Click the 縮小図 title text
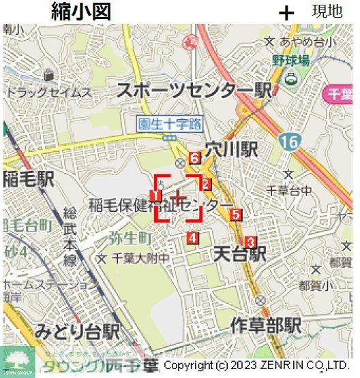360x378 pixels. coord(80,12)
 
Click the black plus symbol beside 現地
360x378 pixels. coord(287,12)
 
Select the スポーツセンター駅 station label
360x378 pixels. coord(194,91)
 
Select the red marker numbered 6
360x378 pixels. coord(194,159)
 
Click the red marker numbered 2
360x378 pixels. coord(207,184)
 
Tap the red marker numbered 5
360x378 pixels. coord(236,215)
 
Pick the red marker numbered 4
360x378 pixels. coord(192,238)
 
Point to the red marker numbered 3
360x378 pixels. coord(250,242)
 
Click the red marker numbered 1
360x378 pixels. coord(155,196)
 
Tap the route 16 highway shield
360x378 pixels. coord(288,142)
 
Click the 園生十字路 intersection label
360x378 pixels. coord(170,124)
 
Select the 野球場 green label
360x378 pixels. coord(291,61)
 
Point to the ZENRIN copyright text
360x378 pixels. coord(256,366)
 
